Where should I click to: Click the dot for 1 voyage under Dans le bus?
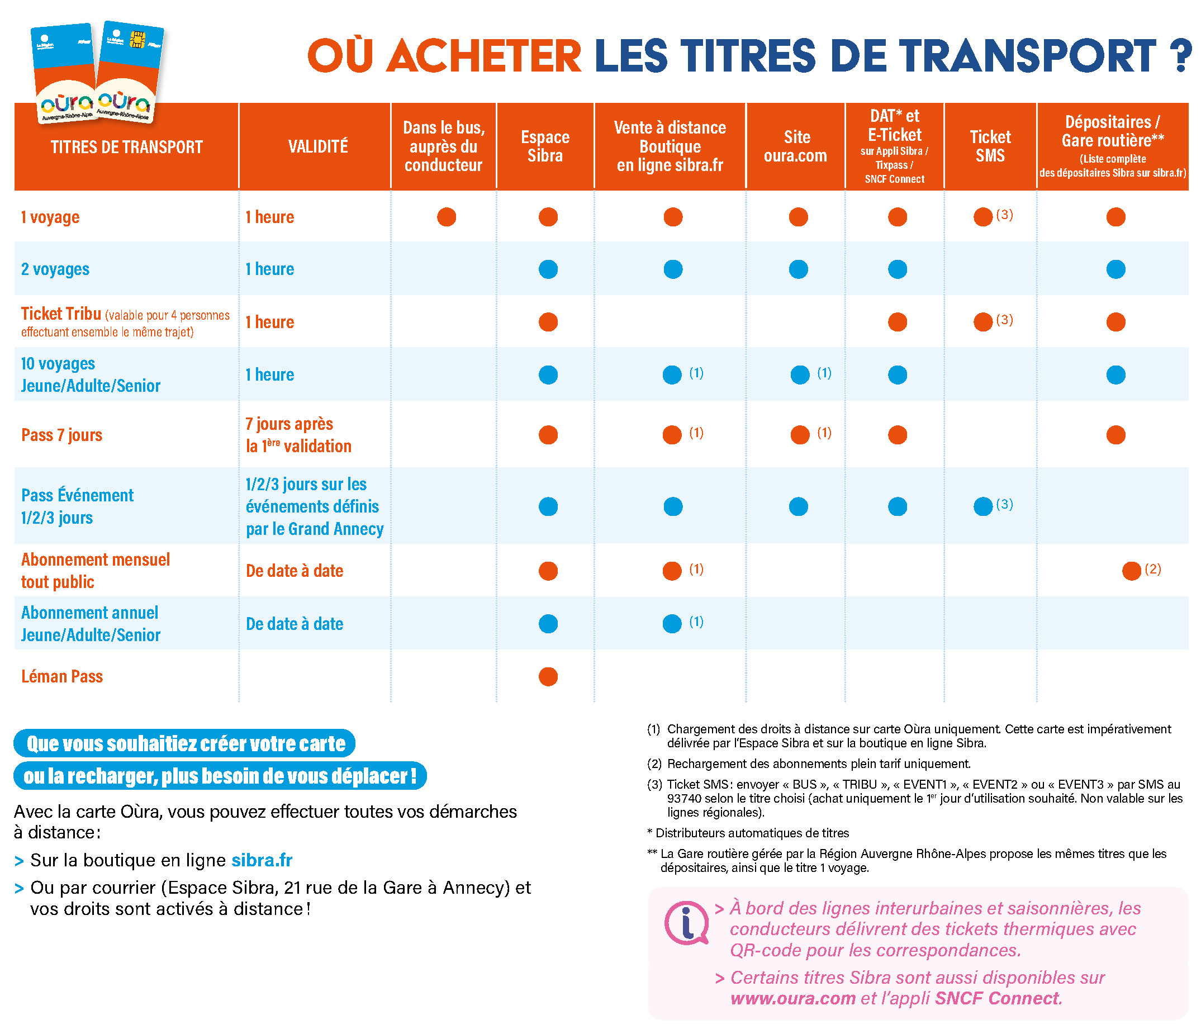coord(447,217)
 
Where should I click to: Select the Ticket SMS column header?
coord(990,146)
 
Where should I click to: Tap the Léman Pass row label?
coord(62,676)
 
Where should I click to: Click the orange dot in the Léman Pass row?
coord(548,676)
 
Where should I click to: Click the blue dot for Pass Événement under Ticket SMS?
coord(983,506)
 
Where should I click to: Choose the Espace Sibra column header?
coord(545,146)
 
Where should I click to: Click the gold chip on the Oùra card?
coord(137,40)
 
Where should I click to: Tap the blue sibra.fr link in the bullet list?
coord(262,860)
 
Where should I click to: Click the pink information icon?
coord(686,923)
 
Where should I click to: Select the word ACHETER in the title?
coord(483,56)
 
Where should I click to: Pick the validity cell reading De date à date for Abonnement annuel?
coord(295,623)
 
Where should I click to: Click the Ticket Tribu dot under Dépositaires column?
coord(1116,322)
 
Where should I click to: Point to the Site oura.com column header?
coord(796,146)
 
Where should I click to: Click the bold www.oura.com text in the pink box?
coord(793,998)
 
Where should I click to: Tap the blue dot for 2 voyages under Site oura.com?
coord(798,269)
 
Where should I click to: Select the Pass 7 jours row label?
coord(61,435)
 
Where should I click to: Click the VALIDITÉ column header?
coord(318,146)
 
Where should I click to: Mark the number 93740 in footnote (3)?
coord(684,798)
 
